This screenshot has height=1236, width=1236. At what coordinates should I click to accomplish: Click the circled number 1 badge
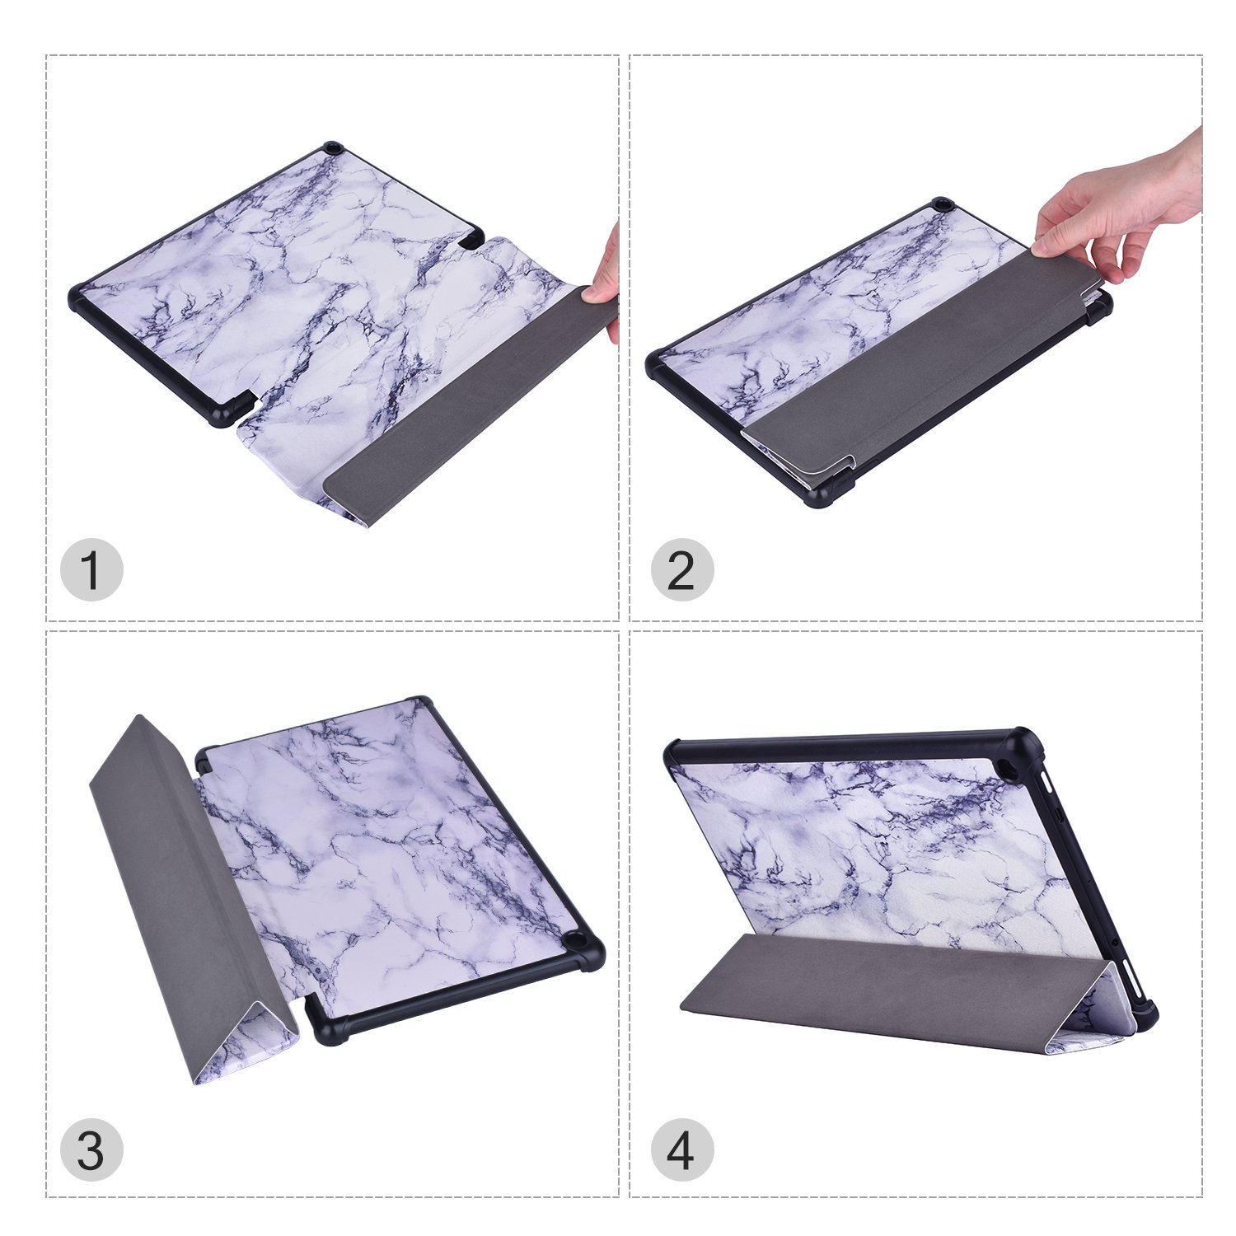click(x=91, y=569)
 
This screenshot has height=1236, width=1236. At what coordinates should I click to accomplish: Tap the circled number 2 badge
click(x=681, y=569)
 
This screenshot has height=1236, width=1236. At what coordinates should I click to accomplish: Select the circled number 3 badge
click(x=91, y=1149)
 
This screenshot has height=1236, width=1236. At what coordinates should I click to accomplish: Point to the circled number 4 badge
click(x=681, y=1149)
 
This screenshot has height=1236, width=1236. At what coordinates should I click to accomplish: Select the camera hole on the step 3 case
click(x=572, y=940)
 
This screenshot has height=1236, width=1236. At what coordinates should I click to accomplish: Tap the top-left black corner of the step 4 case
click(x=674, y=751)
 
